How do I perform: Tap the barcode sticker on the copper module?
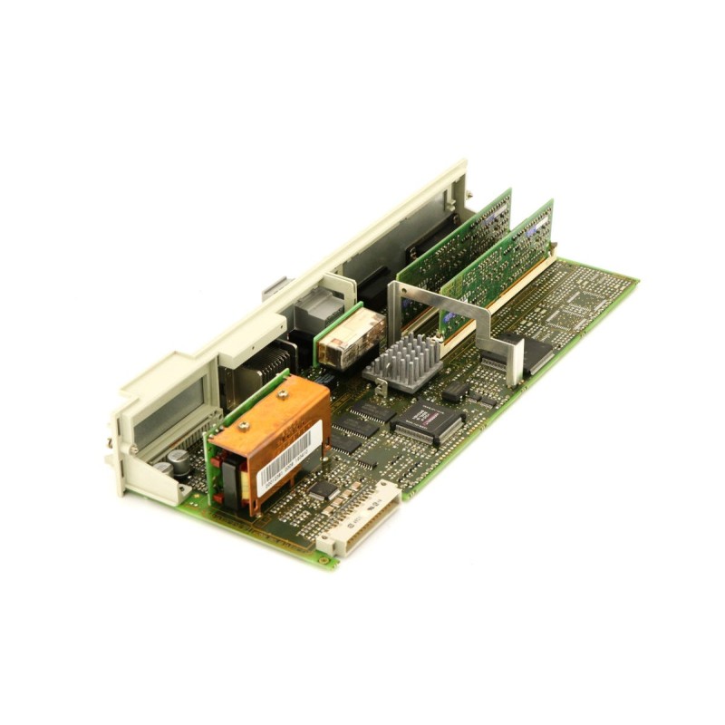click(x=288, y=457)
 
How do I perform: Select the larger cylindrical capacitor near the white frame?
click(x=180, y=463)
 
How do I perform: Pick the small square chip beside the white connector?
click(x=322, y=489)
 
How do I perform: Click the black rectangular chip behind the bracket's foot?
click(x=535, y=353)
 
